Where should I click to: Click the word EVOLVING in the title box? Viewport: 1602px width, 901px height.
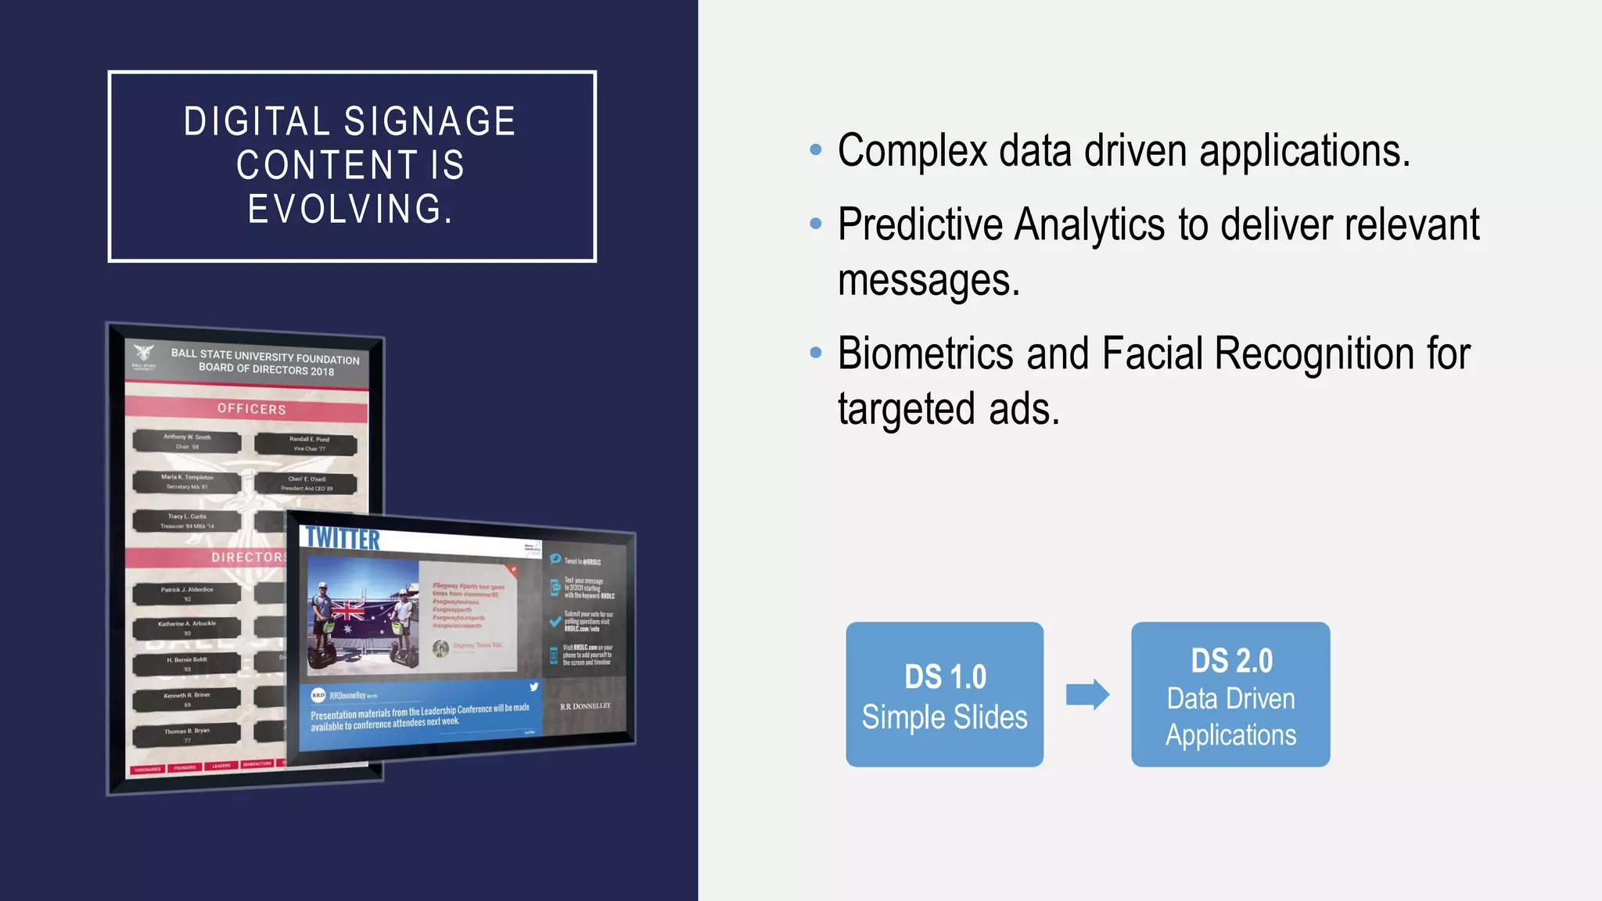(350, 210)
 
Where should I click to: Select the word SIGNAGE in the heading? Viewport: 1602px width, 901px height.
(429, 122)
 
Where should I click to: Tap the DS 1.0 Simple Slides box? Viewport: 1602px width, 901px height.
(944, 695)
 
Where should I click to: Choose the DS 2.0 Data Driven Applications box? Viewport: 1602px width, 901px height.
(1230, 695)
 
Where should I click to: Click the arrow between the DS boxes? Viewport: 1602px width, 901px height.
(1087, 695)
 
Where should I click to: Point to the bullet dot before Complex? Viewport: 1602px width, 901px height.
(816, 149)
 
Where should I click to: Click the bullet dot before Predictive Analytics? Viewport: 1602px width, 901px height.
(816, 224)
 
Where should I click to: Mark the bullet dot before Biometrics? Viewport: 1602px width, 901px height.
(816, 353)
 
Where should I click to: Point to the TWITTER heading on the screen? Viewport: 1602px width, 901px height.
(342, 539)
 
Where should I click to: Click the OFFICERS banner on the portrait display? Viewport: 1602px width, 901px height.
(251, 409)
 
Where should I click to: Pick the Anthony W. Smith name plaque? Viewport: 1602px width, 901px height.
(187, 442)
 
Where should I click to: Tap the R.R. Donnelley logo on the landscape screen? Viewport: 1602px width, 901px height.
(585, 706)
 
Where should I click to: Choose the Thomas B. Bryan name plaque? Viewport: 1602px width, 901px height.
(187, 735)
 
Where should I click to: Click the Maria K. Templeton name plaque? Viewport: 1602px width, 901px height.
(187, 482)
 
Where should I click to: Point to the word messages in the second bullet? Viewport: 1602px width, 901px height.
(929, 281)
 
